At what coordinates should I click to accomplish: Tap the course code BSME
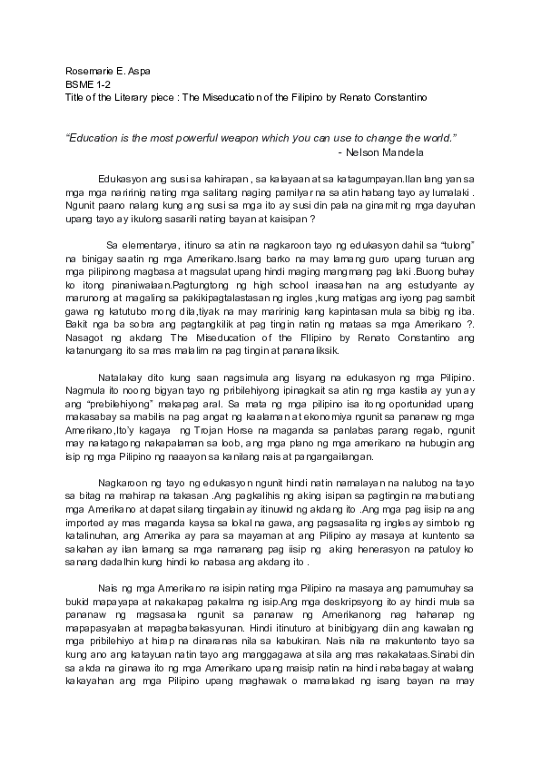click(x=80, y=83)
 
